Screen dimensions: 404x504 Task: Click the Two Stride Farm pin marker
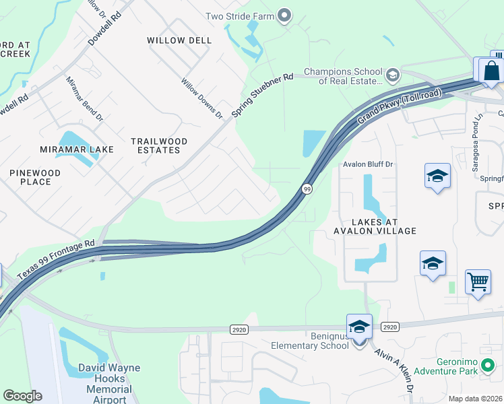coord(284,15)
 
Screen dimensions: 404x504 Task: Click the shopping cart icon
coord(478,282)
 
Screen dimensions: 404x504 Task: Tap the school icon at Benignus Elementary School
coord(359,327)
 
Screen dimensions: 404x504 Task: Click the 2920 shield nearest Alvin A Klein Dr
coord(389,327)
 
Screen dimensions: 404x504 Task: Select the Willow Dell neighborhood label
coord(179,40)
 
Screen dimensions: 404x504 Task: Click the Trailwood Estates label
coord(160,145)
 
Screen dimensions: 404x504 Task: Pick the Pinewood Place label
coord(35,177)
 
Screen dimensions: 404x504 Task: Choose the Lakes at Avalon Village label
coord(375,226)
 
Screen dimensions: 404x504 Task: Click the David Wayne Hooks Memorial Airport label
coord(109,383)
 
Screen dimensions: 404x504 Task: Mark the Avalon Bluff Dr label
coord(368,164)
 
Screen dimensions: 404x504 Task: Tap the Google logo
coord(22,396)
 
